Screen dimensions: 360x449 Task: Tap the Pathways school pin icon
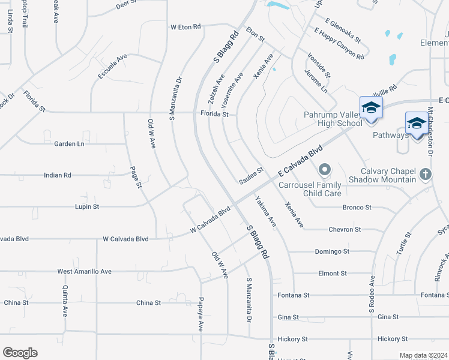(x=417, y=124)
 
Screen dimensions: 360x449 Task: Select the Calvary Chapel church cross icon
(x=425, y=174)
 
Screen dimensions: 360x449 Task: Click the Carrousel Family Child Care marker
(x=325, y=170)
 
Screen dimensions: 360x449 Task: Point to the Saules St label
(x=252, y=173)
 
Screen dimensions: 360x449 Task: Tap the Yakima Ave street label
(x=265, y=212)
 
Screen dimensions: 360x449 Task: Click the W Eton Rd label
(x=186, y=27)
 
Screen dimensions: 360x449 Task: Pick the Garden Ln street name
(x=70, y=144)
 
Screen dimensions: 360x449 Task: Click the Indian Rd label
(x=58, y=175)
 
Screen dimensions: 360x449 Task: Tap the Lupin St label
(x=86, y=206)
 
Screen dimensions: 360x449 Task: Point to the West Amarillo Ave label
(x=85, y=271)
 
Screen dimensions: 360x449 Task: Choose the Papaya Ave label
(x=201, y=314)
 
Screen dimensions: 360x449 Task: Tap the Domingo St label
(x=331, y=251)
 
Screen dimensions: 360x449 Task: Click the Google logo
(x=20, y=353)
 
